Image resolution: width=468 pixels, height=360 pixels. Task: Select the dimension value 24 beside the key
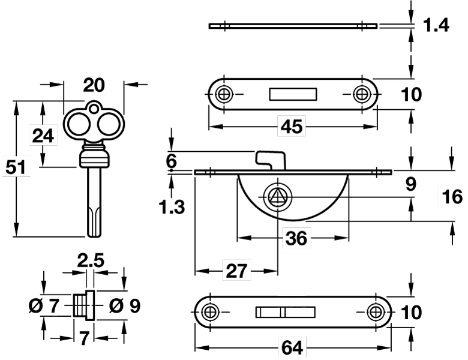pyautogui.click(x=43, y=136)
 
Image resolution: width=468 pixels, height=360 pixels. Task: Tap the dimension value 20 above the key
pyautogui.click(x=94, y=85)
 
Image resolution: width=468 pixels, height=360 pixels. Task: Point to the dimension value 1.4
pyautogui.click(x=436, y=25)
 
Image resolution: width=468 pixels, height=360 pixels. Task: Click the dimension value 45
pyautogui.click(x=292, y=127)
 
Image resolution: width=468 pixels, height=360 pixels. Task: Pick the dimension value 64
pyautogui.click(x=292, y=347)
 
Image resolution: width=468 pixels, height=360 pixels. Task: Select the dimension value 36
pyautogui.click(x=296, y=238)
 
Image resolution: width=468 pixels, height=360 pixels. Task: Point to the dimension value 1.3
pyautogui.click(x=172, y=207)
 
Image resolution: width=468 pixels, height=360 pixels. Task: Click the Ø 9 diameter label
pyautogui.click(x=124, y=306)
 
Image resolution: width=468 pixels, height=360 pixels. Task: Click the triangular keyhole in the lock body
pyautogui.click(x=277, y=196)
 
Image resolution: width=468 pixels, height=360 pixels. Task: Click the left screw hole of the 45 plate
pyautogui.click(x=225, y=94)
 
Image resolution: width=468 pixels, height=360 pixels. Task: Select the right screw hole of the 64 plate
pyautogui.click(x=376, y=311)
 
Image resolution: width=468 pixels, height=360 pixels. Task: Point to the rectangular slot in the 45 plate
pyautogui.click(x=293, y=94)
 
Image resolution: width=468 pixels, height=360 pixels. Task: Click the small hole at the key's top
pyautogui.click(x=92, y=109)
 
